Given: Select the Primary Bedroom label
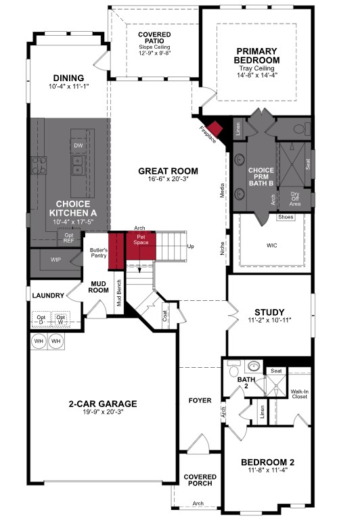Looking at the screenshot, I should tap(258, 55).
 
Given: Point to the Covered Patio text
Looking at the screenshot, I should tap(155, 39).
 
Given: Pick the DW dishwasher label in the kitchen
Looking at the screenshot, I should tap(78, 145).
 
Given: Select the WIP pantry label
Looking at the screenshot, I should tap(56, 258).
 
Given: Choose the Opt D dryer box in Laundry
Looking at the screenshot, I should tap(41, 318).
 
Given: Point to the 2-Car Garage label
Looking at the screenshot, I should tap(103, 404).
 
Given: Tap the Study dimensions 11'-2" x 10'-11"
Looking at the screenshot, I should tap(269, 320).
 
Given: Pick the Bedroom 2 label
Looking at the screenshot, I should tap(268, 462).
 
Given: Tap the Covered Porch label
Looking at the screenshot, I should tap(200, 480).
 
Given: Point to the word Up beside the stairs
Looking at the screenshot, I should tap(190, 245).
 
